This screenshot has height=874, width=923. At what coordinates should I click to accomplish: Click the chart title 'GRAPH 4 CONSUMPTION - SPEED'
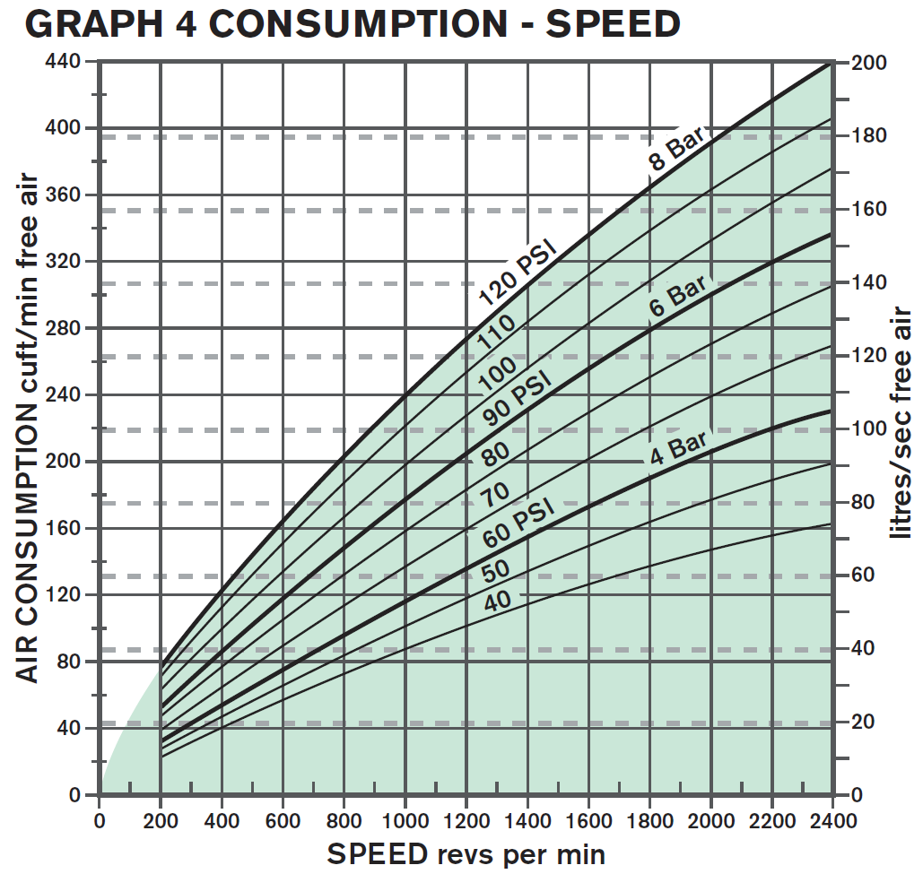[352, 24]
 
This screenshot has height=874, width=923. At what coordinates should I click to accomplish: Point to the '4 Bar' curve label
[679, 445]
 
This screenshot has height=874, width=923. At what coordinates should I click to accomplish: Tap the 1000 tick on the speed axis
[405, 820]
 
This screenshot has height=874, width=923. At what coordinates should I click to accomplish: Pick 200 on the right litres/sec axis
[869, 63]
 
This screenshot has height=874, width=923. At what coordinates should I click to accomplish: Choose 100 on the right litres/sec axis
[869, 428]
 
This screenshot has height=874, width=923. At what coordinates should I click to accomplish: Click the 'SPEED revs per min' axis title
[466, 854]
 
